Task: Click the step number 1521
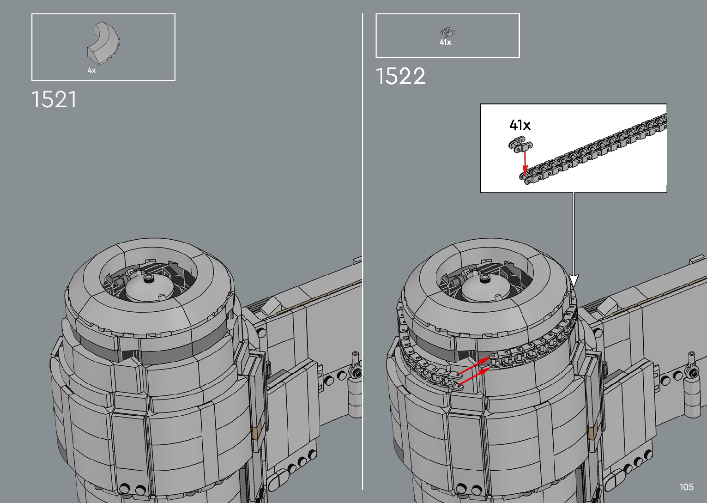54,99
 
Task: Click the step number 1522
400,76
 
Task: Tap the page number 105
687,487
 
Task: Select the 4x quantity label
91,70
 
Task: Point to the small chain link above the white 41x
448,32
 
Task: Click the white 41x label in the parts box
445,42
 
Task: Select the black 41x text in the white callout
520,125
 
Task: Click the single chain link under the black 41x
520,144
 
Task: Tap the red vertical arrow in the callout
525,163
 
